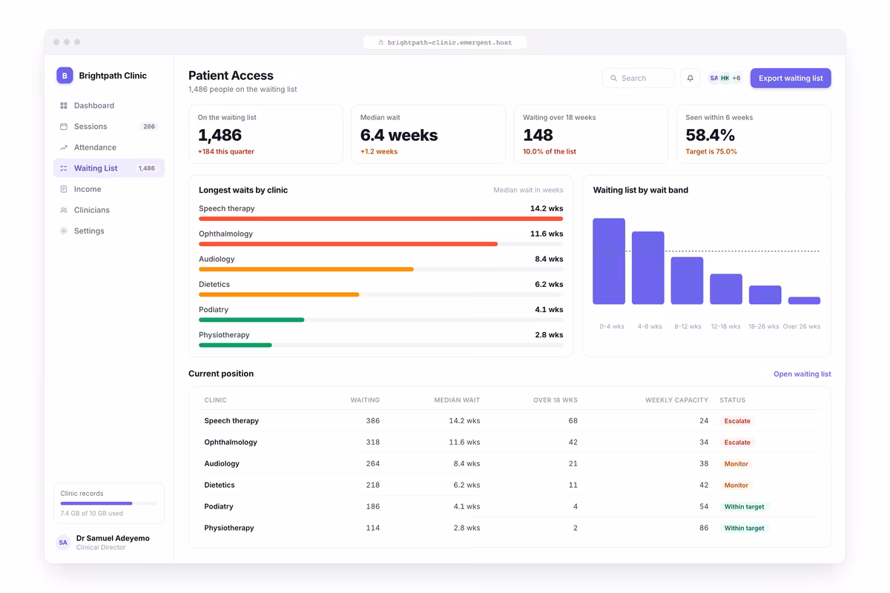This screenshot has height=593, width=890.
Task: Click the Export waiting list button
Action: tap(791, 79)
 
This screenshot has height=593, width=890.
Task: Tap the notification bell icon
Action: tap(690, 79)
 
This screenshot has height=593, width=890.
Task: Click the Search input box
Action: tap(638, 79)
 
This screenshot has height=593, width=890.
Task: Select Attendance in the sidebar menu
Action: tap(95, 148)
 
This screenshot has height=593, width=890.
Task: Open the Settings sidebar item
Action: tap(89, 231)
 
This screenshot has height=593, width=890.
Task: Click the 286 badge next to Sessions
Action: tap(149, 126)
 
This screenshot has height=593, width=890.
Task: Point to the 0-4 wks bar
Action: tap(609, 262)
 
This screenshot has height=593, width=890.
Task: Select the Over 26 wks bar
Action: tap(804, 301)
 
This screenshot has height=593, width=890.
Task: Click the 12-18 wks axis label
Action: tap(725, 326)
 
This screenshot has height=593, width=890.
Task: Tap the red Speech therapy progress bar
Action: tap(380, 219)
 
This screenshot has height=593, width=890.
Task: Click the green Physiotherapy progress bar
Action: tap(235, 345)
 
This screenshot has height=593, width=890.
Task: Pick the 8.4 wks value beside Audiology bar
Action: tap(549, 259)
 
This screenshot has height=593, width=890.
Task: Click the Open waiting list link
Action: tap(802, 374)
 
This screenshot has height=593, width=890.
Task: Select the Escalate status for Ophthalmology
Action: tap(737, 442)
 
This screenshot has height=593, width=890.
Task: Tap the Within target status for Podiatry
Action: tap(744, 506)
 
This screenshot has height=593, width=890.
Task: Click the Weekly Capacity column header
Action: tap(676, 400)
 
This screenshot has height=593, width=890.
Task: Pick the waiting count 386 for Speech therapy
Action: tap(372, 420)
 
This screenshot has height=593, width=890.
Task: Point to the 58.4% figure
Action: tap(710, 135)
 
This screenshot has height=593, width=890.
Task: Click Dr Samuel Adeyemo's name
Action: tap(113, 538)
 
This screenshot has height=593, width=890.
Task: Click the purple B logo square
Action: tap(65, 76)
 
